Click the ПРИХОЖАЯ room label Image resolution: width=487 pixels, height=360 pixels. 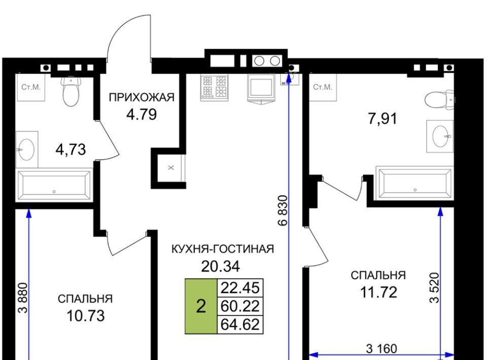click(142, 97)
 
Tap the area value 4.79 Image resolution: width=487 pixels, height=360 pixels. click(142, 115)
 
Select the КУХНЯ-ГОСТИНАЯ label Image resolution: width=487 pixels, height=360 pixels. click(223, 249)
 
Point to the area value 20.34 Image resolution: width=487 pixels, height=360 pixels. click(221, 266)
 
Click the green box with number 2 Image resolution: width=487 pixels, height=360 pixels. click(201, 306)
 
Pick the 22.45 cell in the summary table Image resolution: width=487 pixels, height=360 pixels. click(240, 287)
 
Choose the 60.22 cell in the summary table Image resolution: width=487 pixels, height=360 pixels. click(240, 306)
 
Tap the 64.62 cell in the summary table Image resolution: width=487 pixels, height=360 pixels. click(240, 325)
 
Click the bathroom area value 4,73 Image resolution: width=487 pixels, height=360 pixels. click(71, 150)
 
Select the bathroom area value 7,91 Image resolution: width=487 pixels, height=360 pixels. click(382, 119)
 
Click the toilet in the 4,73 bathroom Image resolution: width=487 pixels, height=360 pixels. click(71, 91)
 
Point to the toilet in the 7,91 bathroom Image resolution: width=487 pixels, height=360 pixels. click(439, 100)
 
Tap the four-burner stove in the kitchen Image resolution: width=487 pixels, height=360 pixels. click(214, 88)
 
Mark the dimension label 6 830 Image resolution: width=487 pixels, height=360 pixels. click(283, 210)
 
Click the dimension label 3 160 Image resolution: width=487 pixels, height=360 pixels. click(381, 349)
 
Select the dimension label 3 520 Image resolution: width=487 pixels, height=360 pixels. click(435, 287)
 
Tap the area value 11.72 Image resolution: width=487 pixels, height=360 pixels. click(378, 293)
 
